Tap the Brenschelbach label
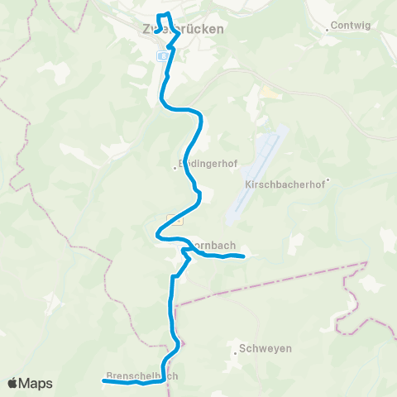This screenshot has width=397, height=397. [141, 375]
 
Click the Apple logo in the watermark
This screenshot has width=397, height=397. [14, 384]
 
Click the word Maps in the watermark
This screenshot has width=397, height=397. [36, 384]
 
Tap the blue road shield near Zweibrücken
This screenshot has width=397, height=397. [163, 55]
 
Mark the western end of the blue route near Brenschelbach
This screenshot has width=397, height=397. [104, 381]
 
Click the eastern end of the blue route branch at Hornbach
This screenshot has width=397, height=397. [244, 257]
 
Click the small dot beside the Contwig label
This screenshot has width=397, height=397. [329, 26]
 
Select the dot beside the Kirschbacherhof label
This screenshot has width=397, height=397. [328, 180]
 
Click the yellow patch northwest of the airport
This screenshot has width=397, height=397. [267, 93]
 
